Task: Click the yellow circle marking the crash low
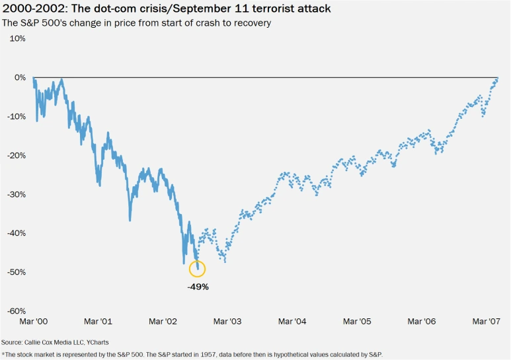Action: point(197,268)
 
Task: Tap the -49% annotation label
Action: point(198,287)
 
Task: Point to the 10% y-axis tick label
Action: point(17,38)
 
